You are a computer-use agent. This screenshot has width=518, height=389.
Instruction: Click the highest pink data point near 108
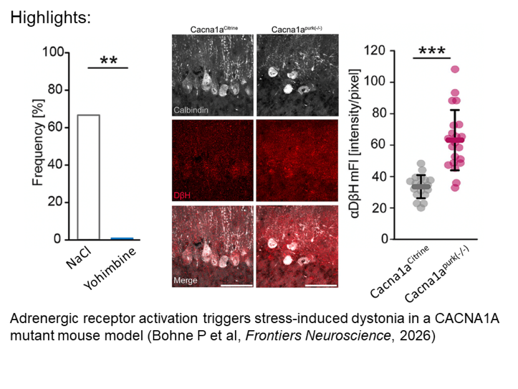[x=455, y=69]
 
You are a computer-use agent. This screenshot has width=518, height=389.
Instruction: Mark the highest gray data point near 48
[x=421, y=164]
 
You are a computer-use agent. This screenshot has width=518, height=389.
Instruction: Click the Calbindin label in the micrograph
[x=191, y=110]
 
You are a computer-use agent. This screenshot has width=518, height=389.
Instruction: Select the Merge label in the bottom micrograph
[x=186, y=280]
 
